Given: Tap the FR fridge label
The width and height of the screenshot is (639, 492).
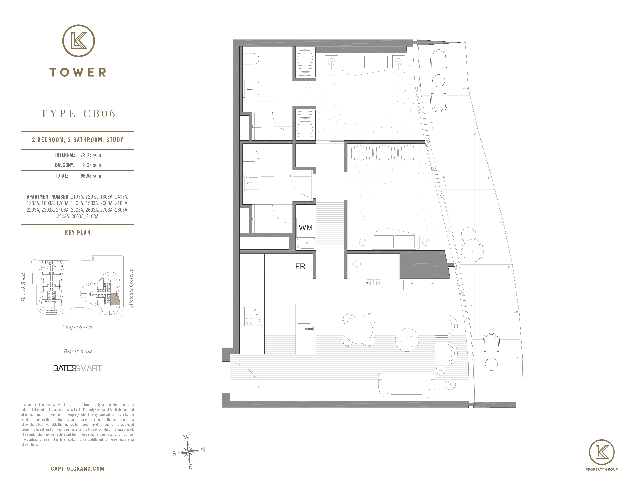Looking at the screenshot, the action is coord(300,266).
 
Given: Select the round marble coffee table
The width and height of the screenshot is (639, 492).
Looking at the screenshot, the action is coord(407,339).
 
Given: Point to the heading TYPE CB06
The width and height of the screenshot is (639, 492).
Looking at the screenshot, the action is coord(78,113).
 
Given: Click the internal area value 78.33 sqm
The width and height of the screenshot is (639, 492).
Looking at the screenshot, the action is coord(91,155).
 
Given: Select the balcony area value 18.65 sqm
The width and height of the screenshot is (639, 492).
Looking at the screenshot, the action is coord(91,165).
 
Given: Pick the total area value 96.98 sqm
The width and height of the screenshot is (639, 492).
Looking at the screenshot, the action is coord(91,176).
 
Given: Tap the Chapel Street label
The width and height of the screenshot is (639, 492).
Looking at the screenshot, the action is coord(77,327).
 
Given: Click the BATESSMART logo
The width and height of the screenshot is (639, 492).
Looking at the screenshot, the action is coord(77,368).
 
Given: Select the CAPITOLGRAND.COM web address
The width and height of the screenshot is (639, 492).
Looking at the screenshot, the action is coord(77,469).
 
